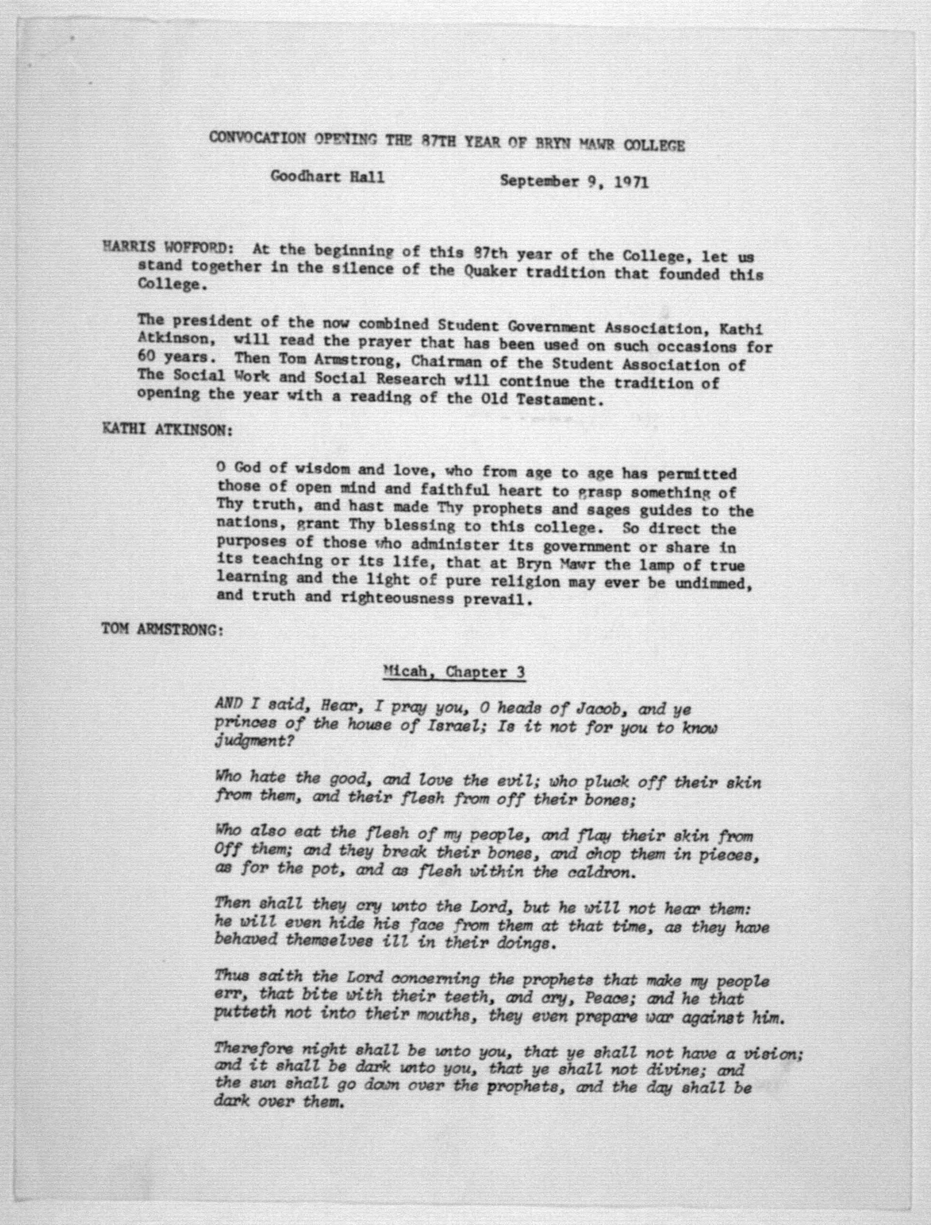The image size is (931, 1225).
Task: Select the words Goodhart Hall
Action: pos(327,178)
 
